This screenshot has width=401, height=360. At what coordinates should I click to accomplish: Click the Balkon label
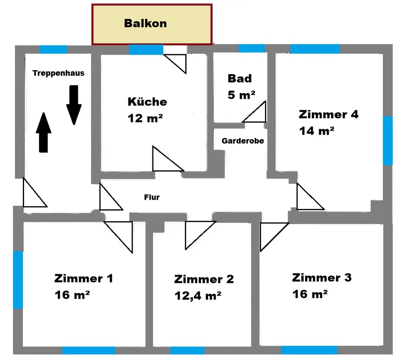tap(145, 23)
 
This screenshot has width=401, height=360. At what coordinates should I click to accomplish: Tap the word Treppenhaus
tap(59, 73)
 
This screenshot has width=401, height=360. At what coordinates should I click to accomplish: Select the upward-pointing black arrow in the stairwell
tap(44, 132)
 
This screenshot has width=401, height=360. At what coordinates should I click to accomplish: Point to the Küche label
tap(147, 101)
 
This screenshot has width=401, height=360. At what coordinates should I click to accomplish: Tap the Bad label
tap(239, 78)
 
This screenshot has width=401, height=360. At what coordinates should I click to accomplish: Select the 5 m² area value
tap(241, 95)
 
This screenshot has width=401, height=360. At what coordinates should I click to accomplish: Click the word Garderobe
tap(243, 141)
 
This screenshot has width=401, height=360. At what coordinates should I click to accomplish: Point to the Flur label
tap(152, 197)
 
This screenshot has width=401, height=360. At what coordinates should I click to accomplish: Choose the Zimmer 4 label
tap(328, 114)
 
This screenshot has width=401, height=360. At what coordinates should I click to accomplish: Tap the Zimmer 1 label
tap(83, 278)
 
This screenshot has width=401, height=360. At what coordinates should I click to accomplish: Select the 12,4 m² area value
tap(198, 295)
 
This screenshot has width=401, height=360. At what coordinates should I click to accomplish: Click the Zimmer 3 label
tap(322, 277)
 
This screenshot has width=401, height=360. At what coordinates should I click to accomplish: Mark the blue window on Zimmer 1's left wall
tap(18, 279)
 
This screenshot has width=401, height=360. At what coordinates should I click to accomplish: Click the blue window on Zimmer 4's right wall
tap(387, 140)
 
